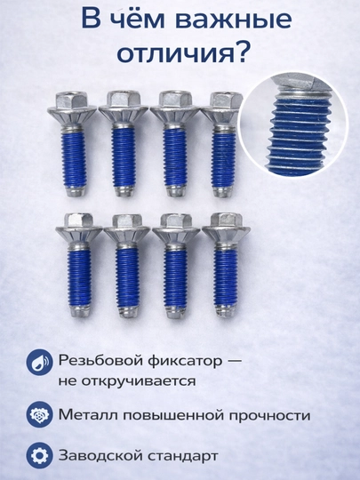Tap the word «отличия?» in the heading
point(182,53)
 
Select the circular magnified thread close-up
point(293,124)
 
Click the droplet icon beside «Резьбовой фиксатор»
point(39,362)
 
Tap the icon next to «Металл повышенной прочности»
point(39,414)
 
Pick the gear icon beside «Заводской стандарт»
point(39,455)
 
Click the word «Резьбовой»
point(101,360)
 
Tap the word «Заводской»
point(100,456)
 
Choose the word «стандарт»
point(183,456)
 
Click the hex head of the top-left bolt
point(72,100)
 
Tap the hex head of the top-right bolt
point(225,100)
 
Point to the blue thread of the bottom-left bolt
point(79,276)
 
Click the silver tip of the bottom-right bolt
point(226,311)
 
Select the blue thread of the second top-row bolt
point(123,156)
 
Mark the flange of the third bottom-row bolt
point(176,235)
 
